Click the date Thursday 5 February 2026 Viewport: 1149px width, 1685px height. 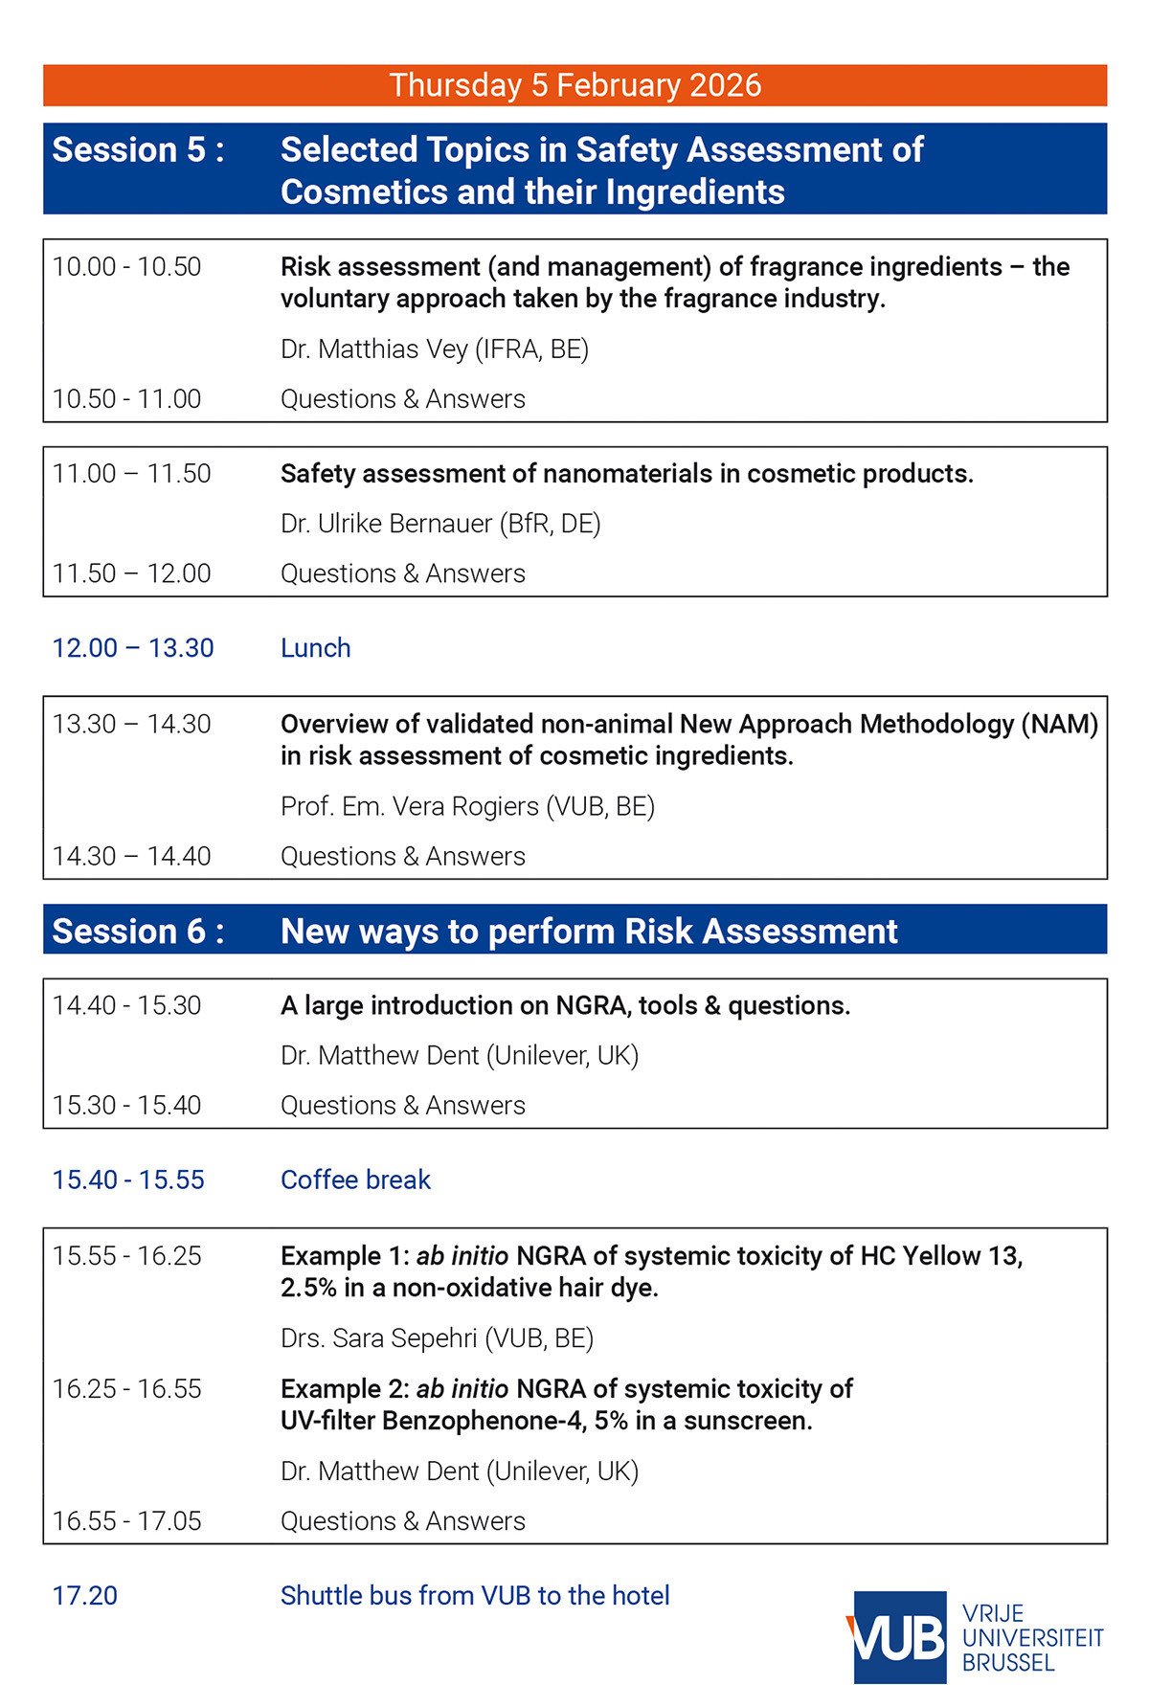pos(574,85)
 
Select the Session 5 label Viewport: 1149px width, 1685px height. pos(138,150)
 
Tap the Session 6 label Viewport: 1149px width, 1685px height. pos(138,931)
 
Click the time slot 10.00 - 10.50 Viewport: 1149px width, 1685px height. pos(126,267)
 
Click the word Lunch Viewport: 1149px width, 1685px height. pos(315,648)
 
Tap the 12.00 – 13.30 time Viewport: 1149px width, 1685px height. pos(133,648)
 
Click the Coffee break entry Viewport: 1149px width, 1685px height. pos(355,1179)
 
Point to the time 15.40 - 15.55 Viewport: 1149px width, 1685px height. pos(128,1179)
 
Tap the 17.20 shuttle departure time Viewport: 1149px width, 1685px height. pos(85,1596)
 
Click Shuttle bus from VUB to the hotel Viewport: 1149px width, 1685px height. pos(475,1596)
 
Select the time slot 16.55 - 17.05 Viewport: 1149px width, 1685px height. pos(126,1521)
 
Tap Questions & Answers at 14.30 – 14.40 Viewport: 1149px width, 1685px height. pos(402,857)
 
